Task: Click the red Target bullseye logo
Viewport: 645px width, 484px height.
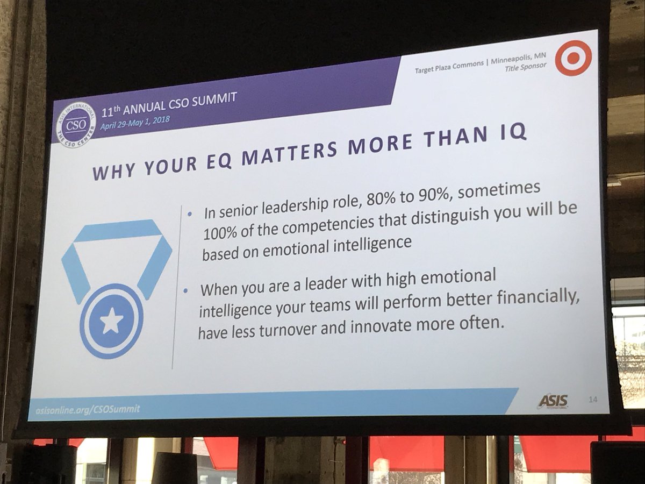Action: (x=573, y=58)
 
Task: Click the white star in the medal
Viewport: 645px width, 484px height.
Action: (x=112, y=322)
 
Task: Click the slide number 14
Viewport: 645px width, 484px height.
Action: (x=593, y=399)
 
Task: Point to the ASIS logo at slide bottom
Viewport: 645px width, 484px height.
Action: (x=553, y=401)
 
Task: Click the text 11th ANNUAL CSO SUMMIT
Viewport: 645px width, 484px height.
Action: (x=169, y=103)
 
